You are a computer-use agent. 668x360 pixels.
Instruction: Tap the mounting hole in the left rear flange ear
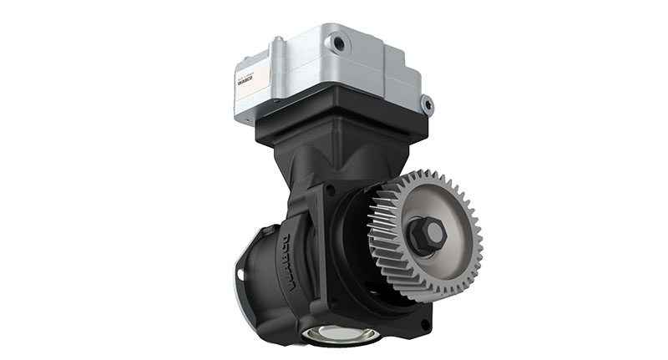(x=243, y=275)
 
